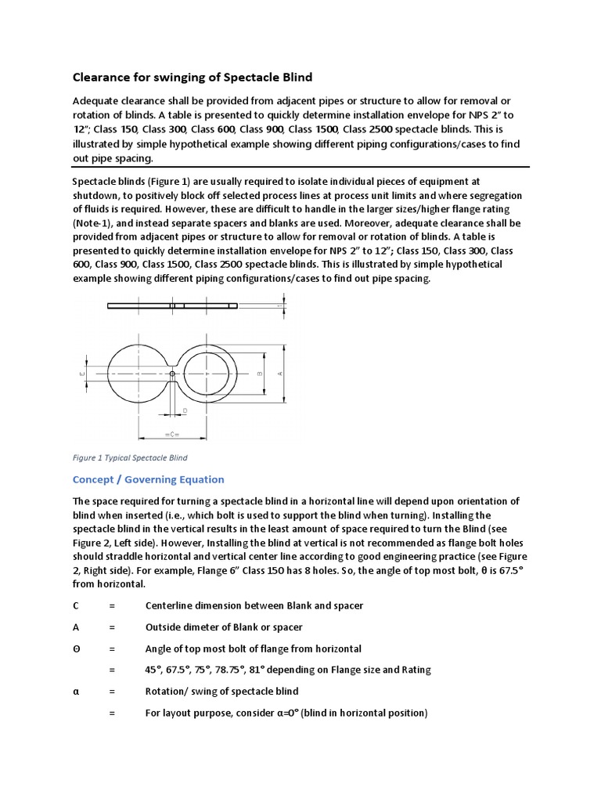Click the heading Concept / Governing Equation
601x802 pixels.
[x=148, y=479]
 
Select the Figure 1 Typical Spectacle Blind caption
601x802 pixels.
[x=130, y=457]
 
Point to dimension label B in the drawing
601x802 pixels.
[x=259, y=374]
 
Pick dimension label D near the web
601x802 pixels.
[x=185, y=410]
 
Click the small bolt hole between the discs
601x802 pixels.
[x=173, y=374]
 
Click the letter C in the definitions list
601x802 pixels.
[x=76, y=605]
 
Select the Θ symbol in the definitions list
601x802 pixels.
[x=77, y=648]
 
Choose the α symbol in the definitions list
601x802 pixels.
[x=76, y=691]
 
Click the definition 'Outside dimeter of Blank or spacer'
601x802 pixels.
[x=224, y=627]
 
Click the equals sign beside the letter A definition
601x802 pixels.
[x=112, y=627]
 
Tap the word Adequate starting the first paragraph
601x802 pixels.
[x=98, y=102]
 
